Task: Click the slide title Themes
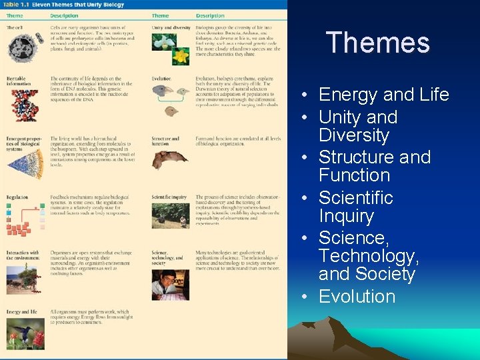pyautogui.click(x=378, y=43)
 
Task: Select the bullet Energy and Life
pyautogui.click(x=383, y=95)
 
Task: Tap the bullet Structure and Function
pyautogui.click(x=374, y=166)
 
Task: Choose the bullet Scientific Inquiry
pyautogui.click(x=355, y=207)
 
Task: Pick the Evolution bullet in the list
pyautogui.click(x=357, y=296)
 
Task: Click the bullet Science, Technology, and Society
pyautogui.click(x=367, y=256)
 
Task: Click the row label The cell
pyautogui.click(x=15, y=27)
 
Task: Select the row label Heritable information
pyautogui.click(x=19, y=81)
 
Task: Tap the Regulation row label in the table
pyautogui.click(x=17, y=198)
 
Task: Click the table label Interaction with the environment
pyautogui.click(x=23, y=255)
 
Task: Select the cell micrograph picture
pyautogui.click(x=26, y=48)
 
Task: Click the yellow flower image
pyautogui.click(x=180, y=56)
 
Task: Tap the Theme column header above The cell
pyautogui.click(x=15, y=16)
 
